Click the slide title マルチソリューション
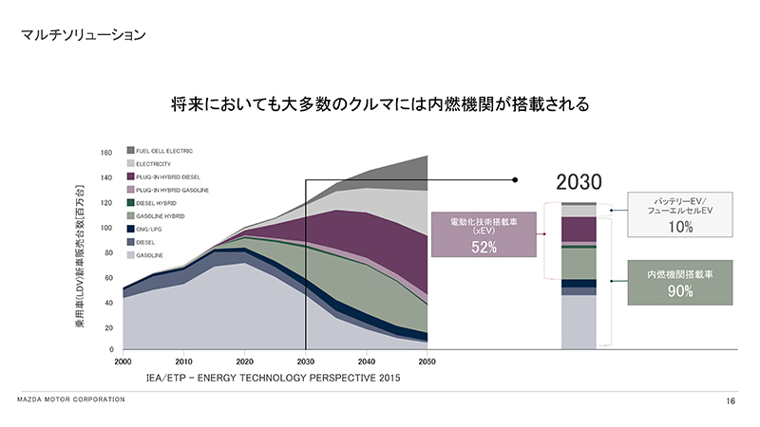84,36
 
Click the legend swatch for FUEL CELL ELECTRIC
130,151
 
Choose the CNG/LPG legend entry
150,229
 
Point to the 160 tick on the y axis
106,152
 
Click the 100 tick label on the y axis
106,228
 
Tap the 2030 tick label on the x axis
305,362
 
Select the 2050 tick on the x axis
427,362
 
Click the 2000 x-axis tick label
123,362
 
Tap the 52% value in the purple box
484,247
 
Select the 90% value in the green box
680,292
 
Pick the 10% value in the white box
680,228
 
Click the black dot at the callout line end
514,179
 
